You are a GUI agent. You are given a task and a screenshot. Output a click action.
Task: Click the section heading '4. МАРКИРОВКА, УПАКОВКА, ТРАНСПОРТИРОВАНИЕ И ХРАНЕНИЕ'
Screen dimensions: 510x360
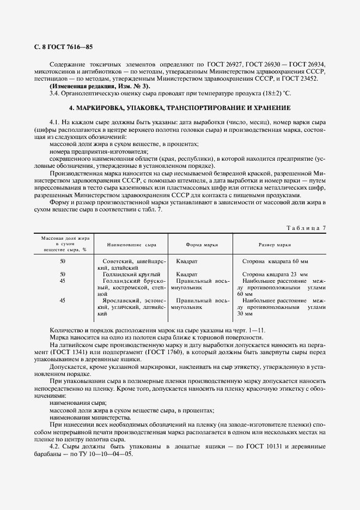tap(180, 107)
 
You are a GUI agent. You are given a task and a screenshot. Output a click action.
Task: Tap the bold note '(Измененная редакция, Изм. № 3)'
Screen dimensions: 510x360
tap(100, 86)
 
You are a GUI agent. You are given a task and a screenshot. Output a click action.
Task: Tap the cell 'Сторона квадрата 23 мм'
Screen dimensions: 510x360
tap(274, 274)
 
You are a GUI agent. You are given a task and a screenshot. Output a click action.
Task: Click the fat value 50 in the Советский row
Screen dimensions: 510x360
tap(63, 262)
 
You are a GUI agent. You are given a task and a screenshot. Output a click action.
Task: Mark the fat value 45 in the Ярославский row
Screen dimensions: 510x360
tap(63, 300)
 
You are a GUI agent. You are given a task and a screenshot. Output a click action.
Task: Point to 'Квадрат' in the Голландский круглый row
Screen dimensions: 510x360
tap(187, 274)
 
